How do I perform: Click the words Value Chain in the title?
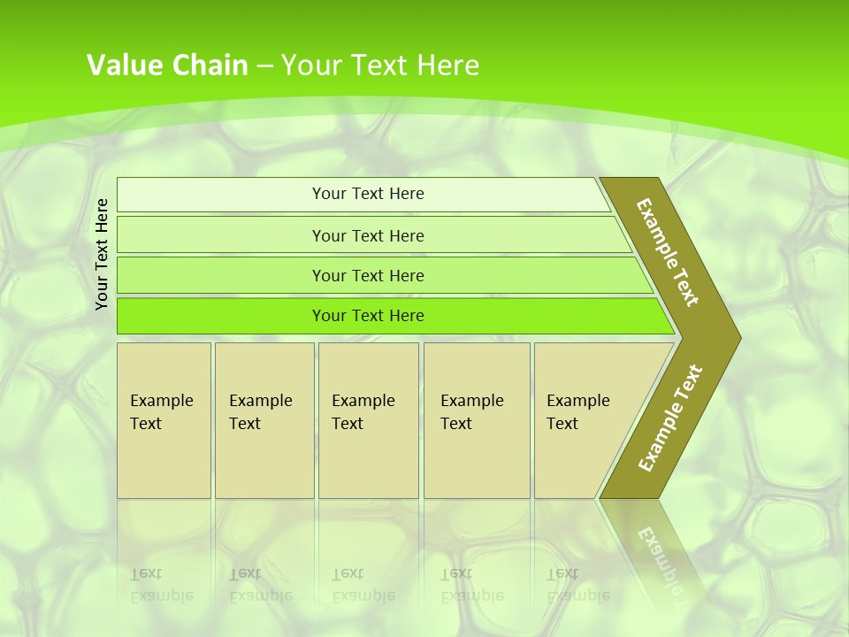(x=167, y=65)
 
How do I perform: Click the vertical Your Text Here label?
(x=102, y=254)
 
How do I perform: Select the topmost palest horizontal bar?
(x=221, y=195)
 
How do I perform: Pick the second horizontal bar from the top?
(x=221, y=235)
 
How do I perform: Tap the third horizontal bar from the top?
(x=221, y=275)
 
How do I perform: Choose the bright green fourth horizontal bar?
(x=221, y=316)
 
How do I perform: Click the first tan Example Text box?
(x=164, y=420)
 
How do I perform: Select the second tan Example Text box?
(x=264, y=420)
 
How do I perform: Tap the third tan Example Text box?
(x=368, y=420)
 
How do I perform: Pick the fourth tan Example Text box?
(x=476, y=420)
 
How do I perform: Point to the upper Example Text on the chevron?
(x=668, y=252)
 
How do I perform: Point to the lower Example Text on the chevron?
(x=670, y=418)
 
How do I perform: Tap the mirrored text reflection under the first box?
(x=162, y=585)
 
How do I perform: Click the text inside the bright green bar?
(x=368, y=316)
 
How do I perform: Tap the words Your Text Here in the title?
(x=380, y=65)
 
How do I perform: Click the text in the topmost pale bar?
(x=368, y=194)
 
